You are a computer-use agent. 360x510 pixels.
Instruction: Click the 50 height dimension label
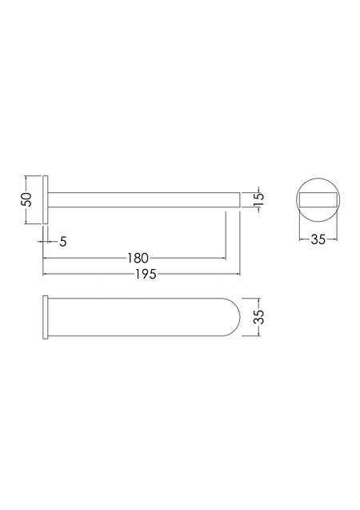coord(27,199)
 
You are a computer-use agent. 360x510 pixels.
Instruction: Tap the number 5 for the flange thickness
coord(63,242)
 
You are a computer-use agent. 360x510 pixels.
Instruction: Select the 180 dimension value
coord(138,259)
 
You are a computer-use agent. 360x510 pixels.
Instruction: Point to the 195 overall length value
coord(146,275)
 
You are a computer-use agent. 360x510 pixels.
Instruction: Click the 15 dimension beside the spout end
coord(258,199)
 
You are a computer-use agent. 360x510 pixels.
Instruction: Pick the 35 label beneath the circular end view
coord(318,239)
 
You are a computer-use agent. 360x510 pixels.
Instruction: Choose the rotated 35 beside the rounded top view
coord(259,316)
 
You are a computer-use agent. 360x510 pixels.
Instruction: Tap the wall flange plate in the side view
coord(46,199)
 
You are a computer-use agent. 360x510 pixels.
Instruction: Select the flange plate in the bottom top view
coord(46,317)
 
